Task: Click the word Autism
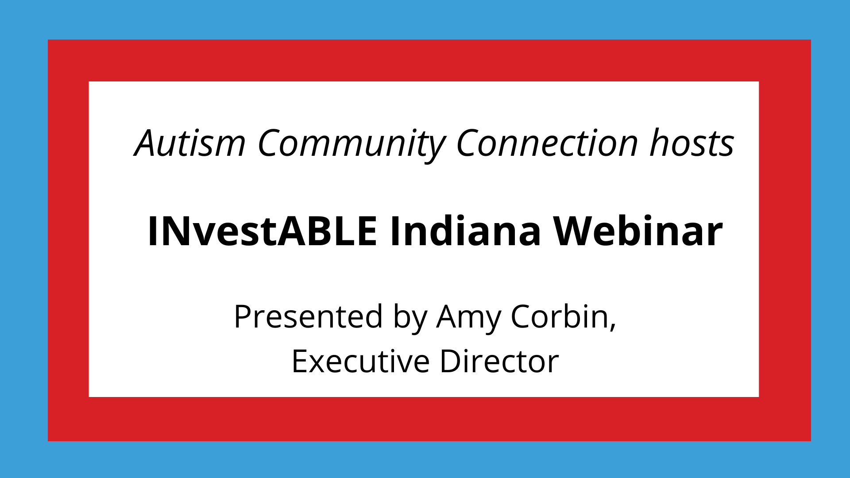(190, 143)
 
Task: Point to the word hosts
(692, 143)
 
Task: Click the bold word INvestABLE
(262, 231)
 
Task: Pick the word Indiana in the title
(465, 231)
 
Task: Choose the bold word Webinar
(638, 231)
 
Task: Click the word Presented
(308, 317)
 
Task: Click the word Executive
(360, 362)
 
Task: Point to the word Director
(499, 362)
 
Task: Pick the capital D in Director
(450, 362)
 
